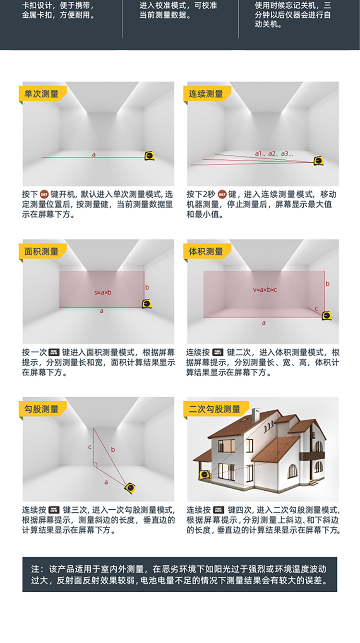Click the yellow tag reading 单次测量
[x=43, y=94]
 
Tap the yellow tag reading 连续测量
[x=207, y=94]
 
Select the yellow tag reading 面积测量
[x=43, y=251]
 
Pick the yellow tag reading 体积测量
[x=207, y=251]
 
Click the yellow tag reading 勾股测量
[x=43, y=409]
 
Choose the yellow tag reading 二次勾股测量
[x=216, y=409]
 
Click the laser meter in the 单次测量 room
[x=150, y=156]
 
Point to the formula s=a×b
[x=103, y=293]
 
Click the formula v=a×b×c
[x=264, y=290]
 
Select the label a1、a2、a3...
[x=274, y=154]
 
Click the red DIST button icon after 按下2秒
[x=222, y=194]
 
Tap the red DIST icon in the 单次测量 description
[x=44, y=194]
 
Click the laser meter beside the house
[x=204, y=475]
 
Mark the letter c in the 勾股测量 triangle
[x=90, y=447]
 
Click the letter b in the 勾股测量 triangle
[x=113, y=449]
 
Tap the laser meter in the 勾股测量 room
[x=130, y=488]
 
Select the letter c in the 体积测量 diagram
[x=316, y=309]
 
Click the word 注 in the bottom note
[x=36, y=569]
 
